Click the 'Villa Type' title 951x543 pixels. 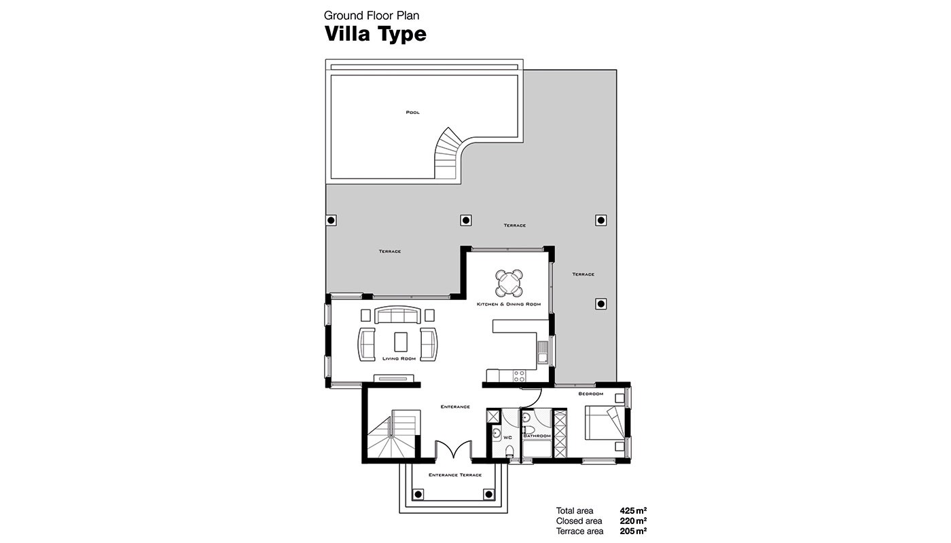click(375, 34)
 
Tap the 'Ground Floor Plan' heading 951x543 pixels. click(372, 16)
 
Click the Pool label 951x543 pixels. click(413, 113)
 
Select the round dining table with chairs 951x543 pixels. click(509, 283)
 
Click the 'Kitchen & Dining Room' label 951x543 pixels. click(509, 304)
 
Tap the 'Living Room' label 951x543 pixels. click(399, 358)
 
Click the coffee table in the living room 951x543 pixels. click(401, 342)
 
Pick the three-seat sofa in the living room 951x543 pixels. click(397, 315)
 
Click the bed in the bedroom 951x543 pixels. click(605, 422)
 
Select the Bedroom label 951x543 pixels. click(590, 394)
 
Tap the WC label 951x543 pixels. click(507, 437)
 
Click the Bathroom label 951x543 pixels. click(537, 436)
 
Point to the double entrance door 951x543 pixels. click(454, 449)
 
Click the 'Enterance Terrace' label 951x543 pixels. click(455, 474)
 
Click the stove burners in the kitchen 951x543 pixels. click(519, 375)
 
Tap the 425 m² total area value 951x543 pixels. click(633, 510)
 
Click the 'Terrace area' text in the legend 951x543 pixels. click(579, 531)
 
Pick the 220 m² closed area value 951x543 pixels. click(633, 521)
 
